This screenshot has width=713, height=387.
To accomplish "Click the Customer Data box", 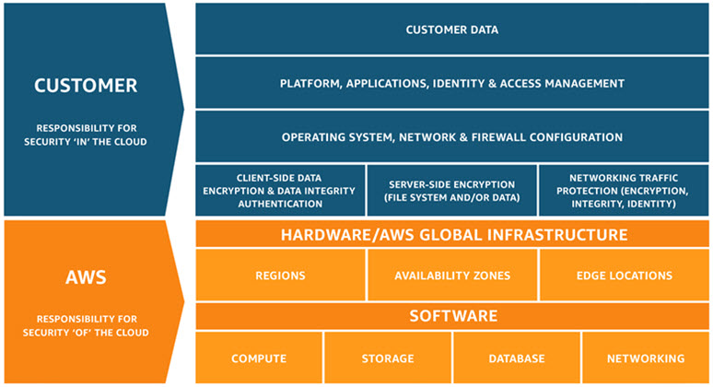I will tap(452, 29).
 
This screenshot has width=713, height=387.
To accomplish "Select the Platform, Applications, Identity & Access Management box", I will tap(452, 84).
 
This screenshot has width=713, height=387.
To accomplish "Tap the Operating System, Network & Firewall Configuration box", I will tap(452, 137).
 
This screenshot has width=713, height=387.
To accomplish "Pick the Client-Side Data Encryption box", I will tap(280, 190).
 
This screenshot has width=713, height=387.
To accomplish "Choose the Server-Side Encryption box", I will tap(452, 190).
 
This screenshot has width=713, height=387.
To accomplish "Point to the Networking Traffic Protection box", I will tap(624, 190).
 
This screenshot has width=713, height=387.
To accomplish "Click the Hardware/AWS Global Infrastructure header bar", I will tap(452, 235).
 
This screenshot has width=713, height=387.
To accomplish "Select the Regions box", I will tap(280, 276).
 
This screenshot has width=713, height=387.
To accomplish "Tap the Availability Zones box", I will tap(452, 276).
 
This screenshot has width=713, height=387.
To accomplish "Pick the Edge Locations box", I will tap(624, 276).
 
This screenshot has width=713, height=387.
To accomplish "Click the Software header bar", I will tap(452, 316).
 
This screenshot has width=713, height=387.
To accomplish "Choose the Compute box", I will tap(259, 358).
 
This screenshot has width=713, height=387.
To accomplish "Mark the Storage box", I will tap(388, 358).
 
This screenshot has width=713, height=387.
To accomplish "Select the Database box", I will tap(517, 358).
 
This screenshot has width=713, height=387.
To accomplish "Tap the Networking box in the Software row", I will tap(646, 358).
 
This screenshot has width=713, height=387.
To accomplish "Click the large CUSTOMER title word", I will tap(86, 86).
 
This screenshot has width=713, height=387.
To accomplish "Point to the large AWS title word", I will tap(86, 276).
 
